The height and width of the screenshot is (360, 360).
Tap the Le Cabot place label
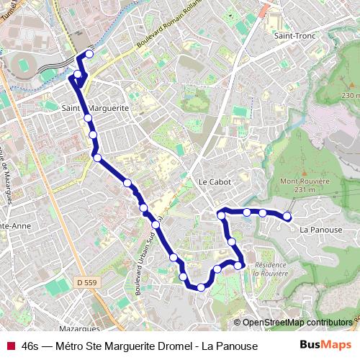click(215, 182)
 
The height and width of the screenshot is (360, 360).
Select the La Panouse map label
click(321, 230)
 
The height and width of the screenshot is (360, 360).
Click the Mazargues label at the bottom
click(76, 307)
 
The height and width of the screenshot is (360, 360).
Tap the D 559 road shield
click(84, 283)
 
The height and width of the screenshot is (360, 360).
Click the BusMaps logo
click(326, 345)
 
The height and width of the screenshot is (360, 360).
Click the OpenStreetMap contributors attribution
click(297, 323)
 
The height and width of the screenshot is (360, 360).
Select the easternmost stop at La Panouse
click(287, 216)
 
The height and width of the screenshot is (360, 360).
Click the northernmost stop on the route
click(89, 53)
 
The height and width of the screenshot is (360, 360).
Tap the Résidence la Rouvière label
click(270, 269)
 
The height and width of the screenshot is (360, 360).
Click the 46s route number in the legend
click(31, 346)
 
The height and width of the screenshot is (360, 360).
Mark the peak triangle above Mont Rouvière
click(305, 173)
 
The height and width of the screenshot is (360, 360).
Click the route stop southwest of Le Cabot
click(156, 225)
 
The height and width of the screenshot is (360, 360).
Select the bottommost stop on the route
click(201, 287)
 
